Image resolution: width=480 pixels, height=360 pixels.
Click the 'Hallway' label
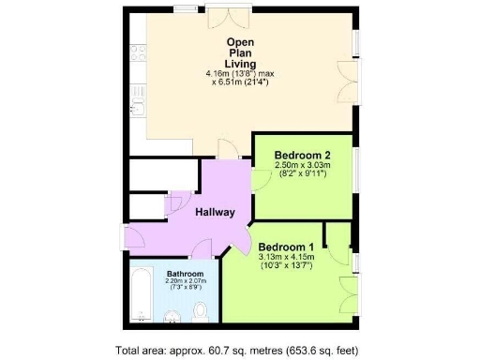click(215, 212)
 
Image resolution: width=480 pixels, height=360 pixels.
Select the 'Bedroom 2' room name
click(300, 155)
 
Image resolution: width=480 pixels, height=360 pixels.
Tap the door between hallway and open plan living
click(227, 148)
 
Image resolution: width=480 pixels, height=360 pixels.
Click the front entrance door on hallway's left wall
click(135, 241)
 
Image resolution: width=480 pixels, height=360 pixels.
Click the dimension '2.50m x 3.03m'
click(300, 165)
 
